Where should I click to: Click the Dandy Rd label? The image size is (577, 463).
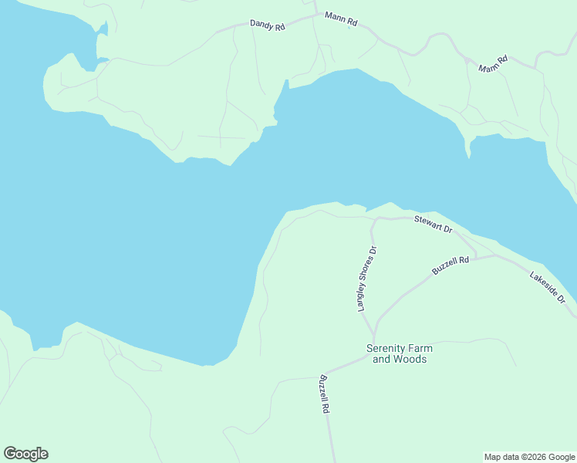(x=268, y=25)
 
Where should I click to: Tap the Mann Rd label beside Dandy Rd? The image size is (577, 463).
(x=340, y=19)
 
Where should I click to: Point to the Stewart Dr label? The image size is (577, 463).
(x=433, y=224)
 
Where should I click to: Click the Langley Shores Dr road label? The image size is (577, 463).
(x=366, y=279)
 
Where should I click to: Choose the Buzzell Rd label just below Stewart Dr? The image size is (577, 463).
(x=450, y=266)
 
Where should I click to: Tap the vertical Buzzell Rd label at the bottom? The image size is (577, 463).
(x=325, y=394)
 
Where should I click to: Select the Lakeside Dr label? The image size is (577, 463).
(x=548, y=286)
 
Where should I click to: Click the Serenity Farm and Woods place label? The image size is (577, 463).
(x=396, y=353)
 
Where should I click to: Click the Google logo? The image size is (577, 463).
(x=25, y=454)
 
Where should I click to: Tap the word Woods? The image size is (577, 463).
(x=410, y=359)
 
